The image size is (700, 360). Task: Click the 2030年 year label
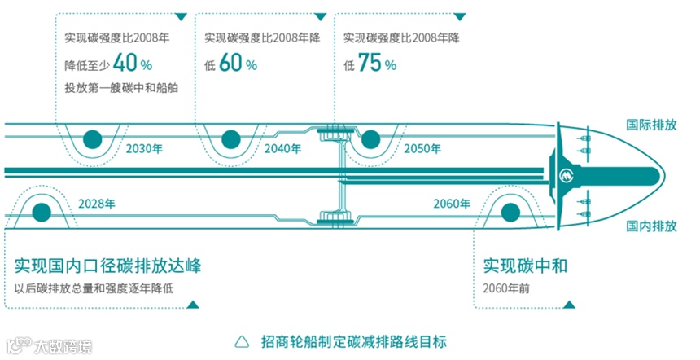click(145, 149)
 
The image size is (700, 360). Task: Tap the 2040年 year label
click(283, 149)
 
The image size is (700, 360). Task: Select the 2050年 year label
click(423, 149)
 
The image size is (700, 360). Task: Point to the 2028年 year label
click(98, 204)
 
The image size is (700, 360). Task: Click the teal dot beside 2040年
click(231, 138)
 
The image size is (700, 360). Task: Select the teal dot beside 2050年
click(370, 138)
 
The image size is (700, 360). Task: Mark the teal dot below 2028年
click(39, 213)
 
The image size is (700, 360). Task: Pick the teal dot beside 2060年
click(510, 213)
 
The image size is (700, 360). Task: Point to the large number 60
click(232, 64)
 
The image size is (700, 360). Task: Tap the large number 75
click(371, 64)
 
